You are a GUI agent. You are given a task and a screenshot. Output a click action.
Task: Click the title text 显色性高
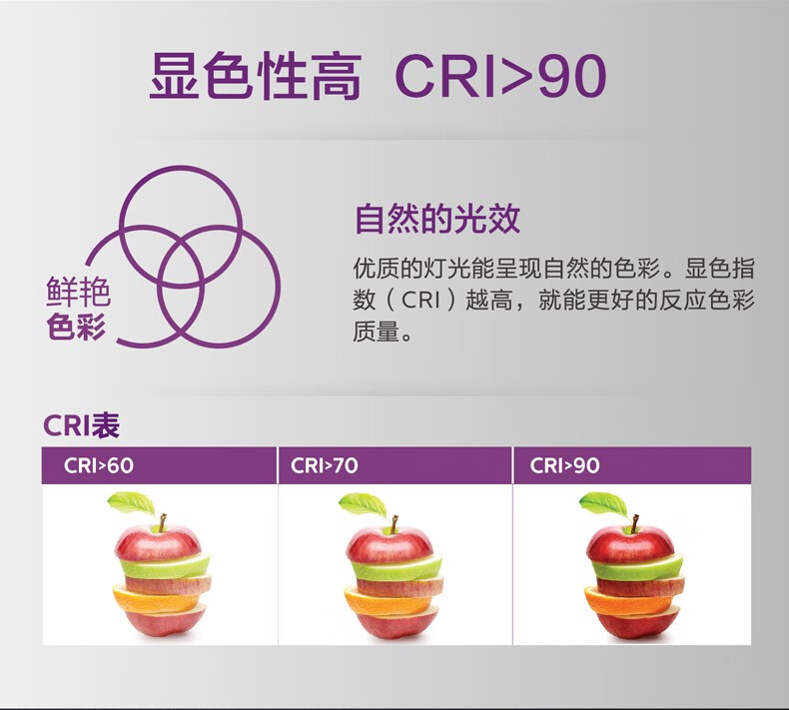click(256, 77)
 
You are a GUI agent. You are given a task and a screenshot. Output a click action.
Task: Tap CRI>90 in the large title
click(501, 77)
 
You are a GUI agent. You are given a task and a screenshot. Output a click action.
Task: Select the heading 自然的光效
click(437, 219)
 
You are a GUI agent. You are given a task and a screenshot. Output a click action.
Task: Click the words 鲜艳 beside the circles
click(78, 292)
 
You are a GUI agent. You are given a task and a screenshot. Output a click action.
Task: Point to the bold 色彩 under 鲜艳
click(77, 326)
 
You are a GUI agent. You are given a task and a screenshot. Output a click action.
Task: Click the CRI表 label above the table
click(82, 425)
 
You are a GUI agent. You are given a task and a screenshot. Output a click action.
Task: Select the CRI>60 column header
click(99, 465)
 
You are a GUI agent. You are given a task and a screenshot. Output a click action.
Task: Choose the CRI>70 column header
click(324, 465)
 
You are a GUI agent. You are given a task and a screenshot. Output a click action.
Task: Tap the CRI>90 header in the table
click(564, 465)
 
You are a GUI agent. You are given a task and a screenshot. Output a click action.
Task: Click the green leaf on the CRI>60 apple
click(132, 503)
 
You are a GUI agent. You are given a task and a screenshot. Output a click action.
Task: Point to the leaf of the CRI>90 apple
click(603, 503)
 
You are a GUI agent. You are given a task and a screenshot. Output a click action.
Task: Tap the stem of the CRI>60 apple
click(162, 524)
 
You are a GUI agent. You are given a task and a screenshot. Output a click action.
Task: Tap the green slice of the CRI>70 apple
click(396, 566)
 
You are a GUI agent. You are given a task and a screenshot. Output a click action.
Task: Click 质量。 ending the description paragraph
click(383, 332)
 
